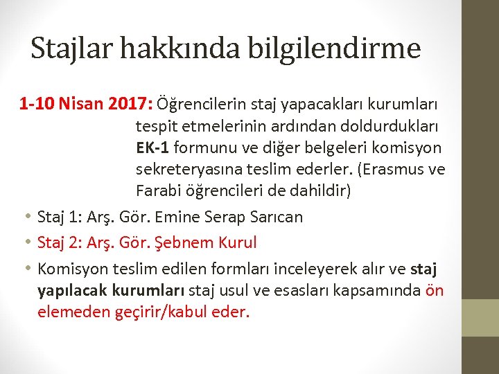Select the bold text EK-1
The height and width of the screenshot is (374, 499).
152,148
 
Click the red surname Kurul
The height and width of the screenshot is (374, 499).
237,243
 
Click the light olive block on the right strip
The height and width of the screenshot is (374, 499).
480,317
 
